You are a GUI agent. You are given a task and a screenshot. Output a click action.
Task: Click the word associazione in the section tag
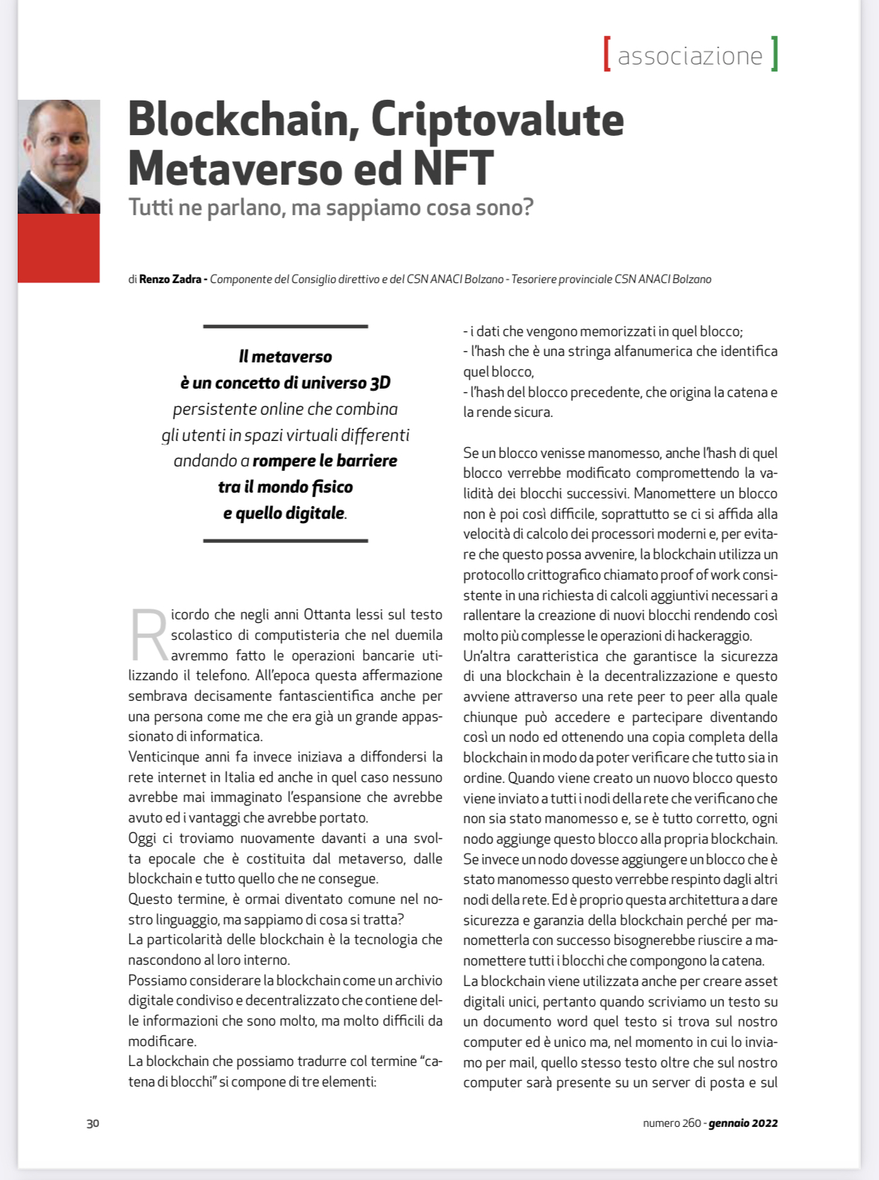(690, 56)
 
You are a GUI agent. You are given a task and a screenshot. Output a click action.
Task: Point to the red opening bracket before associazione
(607, 55)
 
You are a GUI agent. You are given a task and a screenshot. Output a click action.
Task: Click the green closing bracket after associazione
(774, 55)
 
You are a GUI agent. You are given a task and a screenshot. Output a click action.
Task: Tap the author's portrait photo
(59, 156)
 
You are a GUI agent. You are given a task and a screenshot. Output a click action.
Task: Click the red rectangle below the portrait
(59, 248)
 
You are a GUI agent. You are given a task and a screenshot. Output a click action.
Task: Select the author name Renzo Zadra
(170, 279)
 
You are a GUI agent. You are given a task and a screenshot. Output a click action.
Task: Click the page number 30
(93, 1123)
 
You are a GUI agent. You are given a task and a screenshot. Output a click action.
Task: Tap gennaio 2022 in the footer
(743, 1123)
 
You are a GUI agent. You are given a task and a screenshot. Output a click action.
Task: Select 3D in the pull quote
(380, 383)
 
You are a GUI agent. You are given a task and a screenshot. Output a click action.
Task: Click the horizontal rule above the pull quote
(285, 326)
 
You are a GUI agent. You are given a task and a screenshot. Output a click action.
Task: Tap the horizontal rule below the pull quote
(285, 541)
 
